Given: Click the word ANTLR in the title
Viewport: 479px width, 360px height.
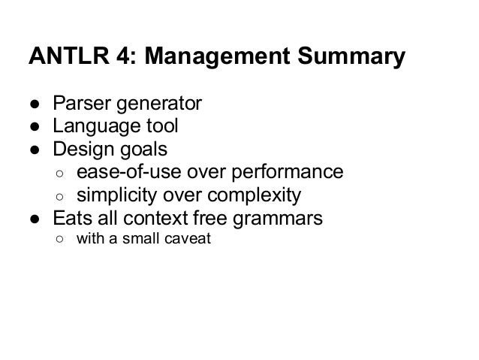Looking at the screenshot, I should coord(62,56).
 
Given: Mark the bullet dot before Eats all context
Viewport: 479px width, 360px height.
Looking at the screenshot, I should coord(35,220).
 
